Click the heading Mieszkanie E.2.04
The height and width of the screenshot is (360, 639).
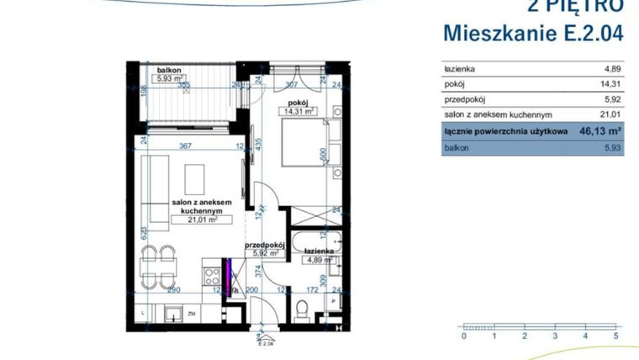(x=533, y=34)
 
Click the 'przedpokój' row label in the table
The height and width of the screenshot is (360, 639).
(x=463, y=100)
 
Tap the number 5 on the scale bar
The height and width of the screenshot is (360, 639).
(x=616, y=336)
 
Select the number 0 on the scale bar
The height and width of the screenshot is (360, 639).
(x=463, y=336)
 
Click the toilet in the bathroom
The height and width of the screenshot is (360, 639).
(x=301, y=308)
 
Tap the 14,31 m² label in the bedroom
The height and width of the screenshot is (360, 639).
(x=298, y=110)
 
